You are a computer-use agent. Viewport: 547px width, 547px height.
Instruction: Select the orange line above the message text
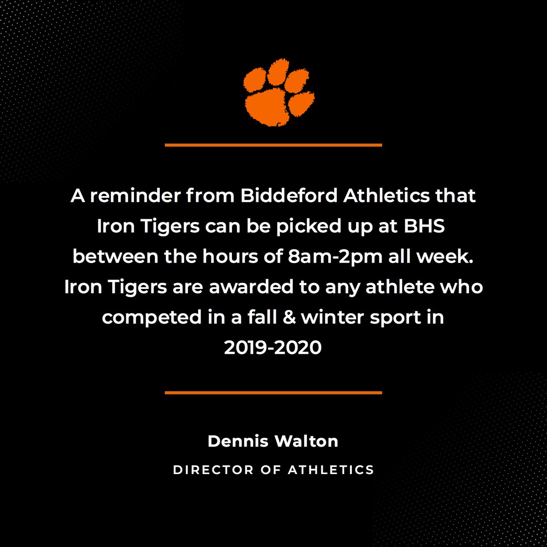point(273,145)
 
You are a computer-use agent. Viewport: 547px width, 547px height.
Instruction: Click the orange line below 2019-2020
point(273,392)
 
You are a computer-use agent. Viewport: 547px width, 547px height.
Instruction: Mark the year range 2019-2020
point(273,348)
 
